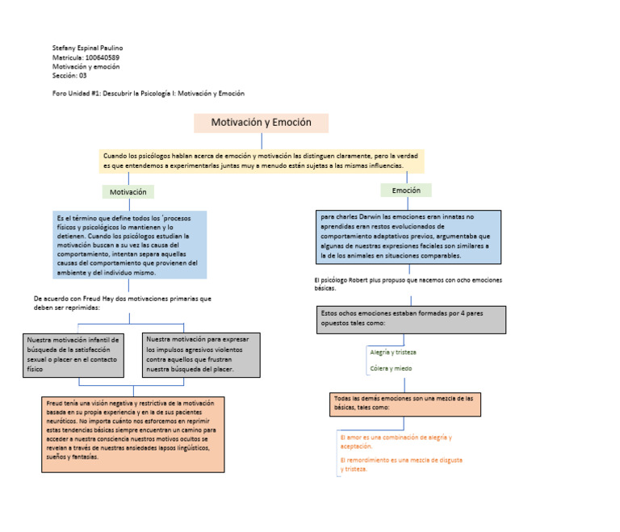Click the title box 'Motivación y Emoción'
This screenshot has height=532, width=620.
[261, 123]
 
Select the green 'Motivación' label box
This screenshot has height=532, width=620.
[128, 192]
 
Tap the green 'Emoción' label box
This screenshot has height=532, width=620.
[406, 191]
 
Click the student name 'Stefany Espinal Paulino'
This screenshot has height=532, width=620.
[87, 48]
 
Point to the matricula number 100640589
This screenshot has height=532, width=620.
[103, 57]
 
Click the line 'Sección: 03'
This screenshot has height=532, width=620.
[69, 76]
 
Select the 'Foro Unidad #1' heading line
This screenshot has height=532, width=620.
[149, 94]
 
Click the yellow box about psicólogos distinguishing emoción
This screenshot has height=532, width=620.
[262, 161]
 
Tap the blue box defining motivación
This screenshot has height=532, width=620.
[130, 245]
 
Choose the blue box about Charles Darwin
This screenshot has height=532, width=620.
[408, 237]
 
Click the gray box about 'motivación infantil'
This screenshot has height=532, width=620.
[73, 355]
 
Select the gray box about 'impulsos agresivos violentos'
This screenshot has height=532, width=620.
[201, 355]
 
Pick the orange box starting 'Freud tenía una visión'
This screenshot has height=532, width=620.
[133, 434]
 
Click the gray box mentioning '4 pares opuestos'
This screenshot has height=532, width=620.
[411, 320]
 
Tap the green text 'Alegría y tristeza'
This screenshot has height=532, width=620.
[393, 352]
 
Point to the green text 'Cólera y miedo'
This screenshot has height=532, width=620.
[391, 368]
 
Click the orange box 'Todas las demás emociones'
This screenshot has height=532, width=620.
[405, 404]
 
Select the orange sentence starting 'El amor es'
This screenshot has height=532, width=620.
[396, 442]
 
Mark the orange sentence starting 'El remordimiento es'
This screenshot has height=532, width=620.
[401, 464]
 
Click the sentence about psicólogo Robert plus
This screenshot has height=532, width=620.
[408, 284]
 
